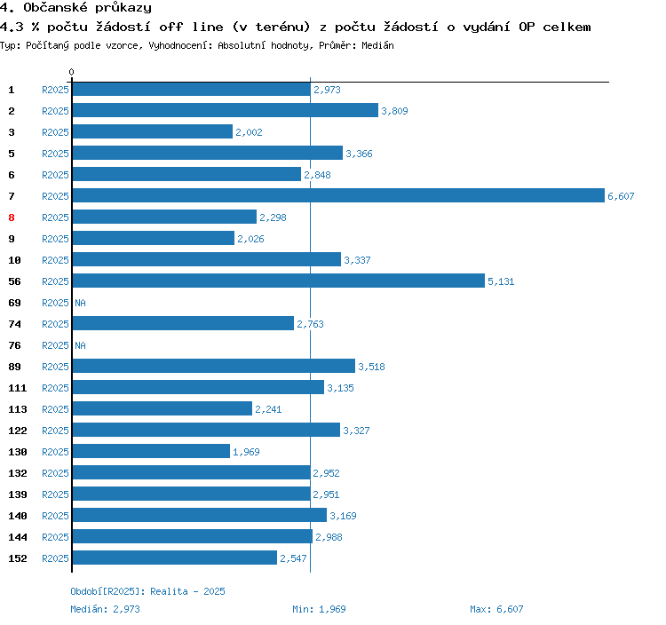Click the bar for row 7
337,196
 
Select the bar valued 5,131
278,281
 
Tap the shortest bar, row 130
151,452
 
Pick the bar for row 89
213,367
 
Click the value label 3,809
394,111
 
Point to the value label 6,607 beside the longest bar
621,196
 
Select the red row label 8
12,218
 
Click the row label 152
17,558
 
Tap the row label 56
14,281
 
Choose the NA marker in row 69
80,303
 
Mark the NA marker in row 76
80,345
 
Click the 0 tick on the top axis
72,72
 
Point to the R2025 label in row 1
55,90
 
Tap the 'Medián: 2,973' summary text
105,609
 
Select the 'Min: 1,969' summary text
318,609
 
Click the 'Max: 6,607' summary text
496,609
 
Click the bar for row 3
152,132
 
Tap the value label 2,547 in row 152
293,558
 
